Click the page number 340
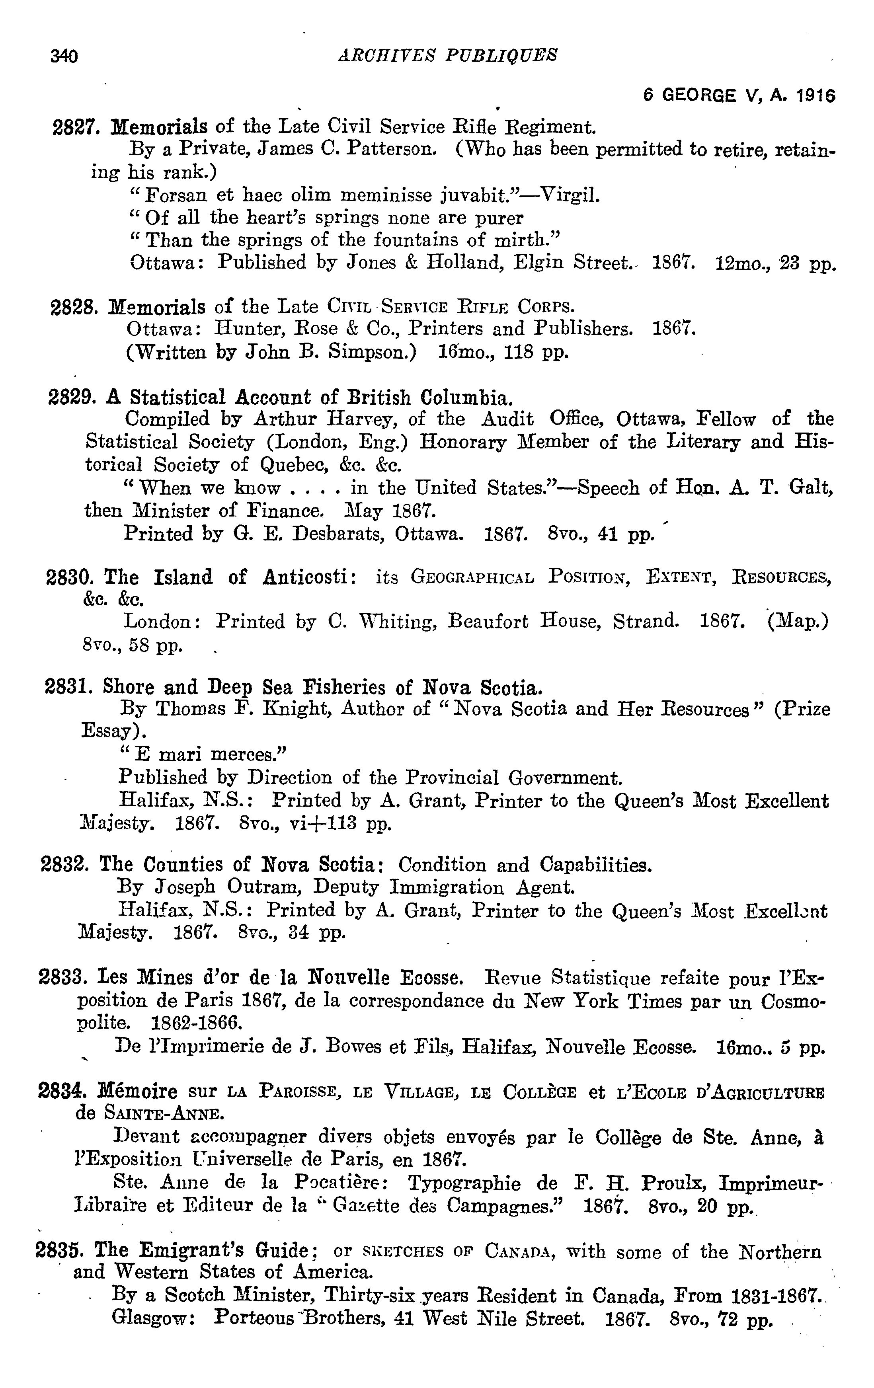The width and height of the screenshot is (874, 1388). pyautogui.click(x=64, y=56)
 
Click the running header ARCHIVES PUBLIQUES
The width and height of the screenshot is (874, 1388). pyautogui.click(x=447, y=55)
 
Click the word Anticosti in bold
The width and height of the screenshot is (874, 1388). pyautogui.click(x=309, y=577)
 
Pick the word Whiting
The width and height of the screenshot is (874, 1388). pyautogui.click(x=397, y=621)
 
